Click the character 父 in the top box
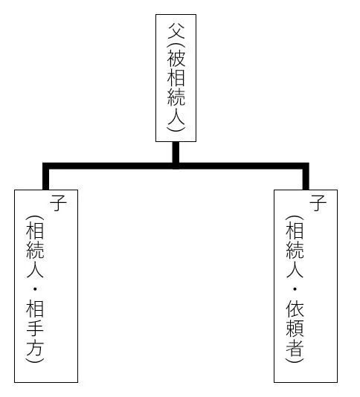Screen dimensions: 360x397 coord(176,30)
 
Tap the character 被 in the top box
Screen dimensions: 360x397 coord(176,58)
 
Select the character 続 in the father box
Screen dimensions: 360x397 coord(176,97)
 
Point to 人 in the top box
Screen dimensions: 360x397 coord(176,115)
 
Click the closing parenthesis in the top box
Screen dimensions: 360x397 coord(176,129)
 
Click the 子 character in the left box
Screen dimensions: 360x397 coord(58,203)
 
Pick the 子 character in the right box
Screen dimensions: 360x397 coord(318,203)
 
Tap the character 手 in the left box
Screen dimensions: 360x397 coord(35,329)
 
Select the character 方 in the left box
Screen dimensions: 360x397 coord(35,348)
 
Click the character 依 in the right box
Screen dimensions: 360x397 coord(295,309)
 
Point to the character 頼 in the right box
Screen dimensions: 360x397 coord(295,329)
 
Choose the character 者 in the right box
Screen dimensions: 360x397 coord(295,348)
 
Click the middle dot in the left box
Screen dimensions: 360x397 coord(35,289)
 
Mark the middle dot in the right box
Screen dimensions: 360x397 coord(295,289)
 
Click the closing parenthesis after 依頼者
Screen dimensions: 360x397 coord(295,360)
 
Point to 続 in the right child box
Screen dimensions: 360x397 coord(295,250)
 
